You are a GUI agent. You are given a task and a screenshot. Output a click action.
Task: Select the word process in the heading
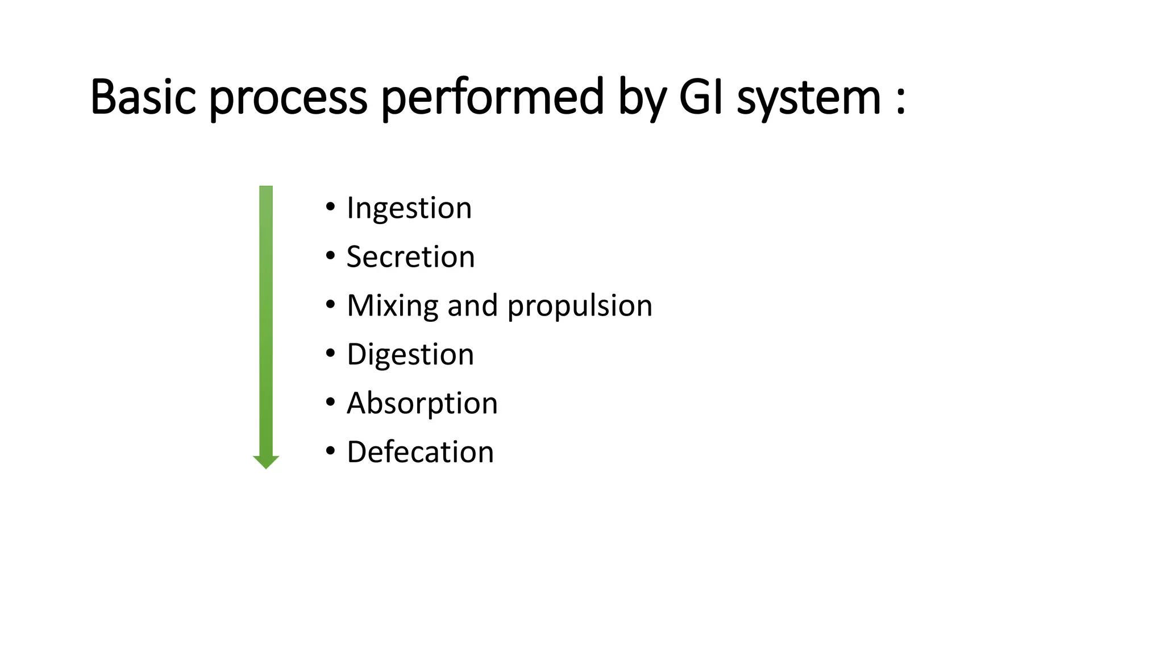288,98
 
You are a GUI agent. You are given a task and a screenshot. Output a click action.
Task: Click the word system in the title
809,98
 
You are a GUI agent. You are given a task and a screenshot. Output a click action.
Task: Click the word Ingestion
409,208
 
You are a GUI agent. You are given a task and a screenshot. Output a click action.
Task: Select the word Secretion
410,256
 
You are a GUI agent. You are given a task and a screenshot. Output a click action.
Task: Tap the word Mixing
392,306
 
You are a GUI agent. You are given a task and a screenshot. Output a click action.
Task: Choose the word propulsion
580,306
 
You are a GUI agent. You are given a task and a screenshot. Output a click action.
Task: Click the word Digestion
410,355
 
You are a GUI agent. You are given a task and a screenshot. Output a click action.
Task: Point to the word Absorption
422,404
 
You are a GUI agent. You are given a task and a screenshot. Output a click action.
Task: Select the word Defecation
420,452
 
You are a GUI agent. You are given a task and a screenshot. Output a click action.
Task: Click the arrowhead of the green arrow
266,461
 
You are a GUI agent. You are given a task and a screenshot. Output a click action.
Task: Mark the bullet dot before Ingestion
331,207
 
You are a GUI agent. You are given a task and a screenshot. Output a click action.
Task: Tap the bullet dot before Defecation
331,451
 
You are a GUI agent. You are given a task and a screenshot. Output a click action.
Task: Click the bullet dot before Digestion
331,353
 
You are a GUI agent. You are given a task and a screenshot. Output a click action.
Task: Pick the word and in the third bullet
473,306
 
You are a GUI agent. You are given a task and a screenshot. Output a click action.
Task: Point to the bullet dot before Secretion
331,256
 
